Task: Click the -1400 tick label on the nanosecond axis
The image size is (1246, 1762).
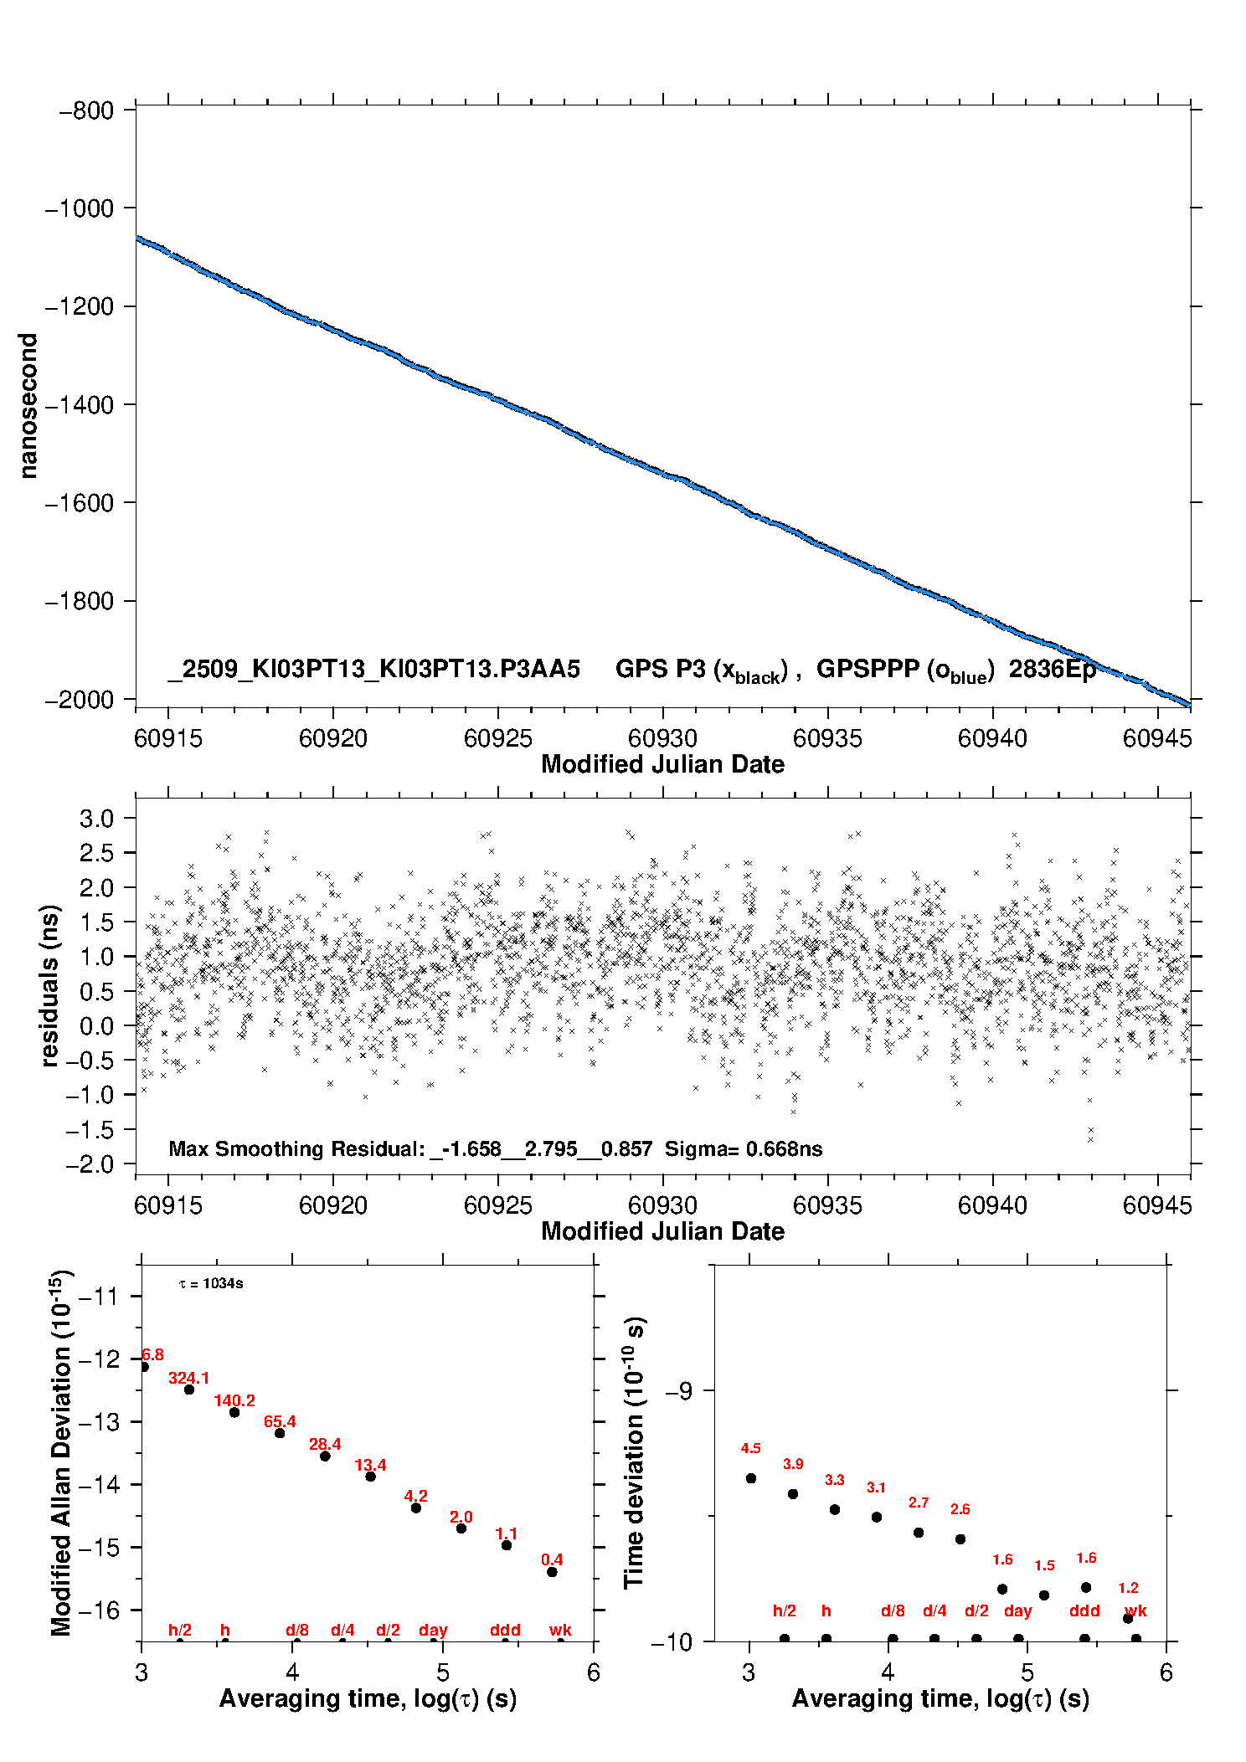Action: [79, 405]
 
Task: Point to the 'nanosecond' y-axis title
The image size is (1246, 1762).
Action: [28, 406]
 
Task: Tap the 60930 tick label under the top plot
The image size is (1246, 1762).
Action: [662, 738]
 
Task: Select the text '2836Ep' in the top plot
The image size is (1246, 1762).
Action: [1053, 669]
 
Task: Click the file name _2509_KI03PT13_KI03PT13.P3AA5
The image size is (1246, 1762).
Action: [374, 669]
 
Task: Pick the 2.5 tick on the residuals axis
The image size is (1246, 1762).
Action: [96, 853]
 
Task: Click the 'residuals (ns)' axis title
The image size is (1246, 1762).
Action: [50, 985]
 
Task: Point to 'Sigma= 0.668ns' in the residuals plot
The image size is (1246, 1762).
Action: [744, 1148]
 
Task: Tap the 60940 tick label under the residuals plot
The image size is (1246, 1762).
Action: [992, 1205]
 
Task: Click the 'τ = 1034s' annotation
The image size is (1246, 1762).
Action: [211, 1283]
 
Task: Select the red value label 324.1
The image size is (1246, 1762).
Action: [189, 1378]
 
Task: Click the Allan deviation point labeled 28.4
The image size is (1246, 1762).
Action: [325, 1456]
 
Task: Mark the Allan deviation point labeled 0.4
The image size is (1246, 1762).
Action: [552, 1572]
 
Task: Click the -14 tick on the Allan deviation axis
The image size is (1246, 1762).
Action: [99, 1485]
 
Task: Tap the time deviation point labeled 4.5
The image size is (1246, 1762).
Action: [751, 1478]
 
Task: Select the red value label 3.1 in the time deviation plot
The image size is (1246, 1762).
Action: [876, 1487]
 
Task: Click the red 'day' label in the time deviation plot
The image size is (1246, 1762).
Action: [1018, 1610]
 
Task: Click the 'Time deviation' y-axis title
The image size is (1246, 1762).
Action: [634, 1452]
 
